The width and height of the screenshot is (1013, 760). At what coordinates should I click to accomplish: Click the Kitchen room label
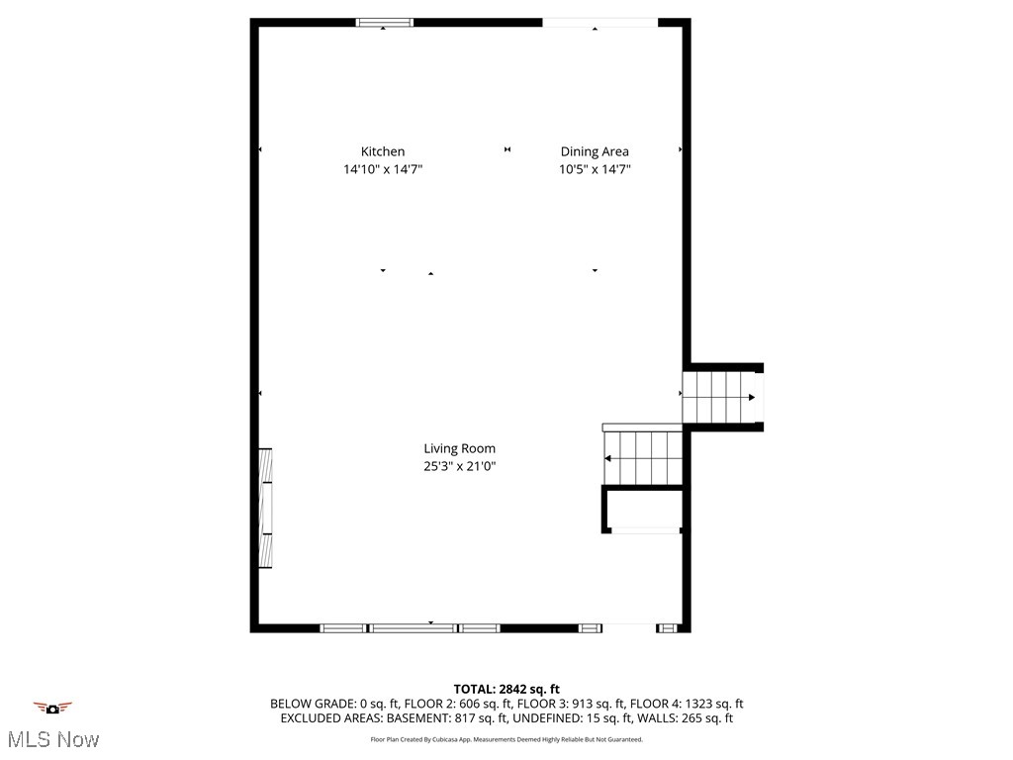(x=382, y=151)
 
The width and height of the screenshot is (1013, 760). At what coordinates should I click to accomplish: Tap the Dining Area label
(x=595, y=151)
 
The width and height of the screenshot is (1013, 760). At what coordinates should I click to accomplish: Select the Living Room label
(x=459, y=448)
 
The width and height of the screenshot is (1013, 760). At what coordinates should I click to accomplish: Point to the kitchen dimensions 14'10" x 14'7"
(x=382, y=169)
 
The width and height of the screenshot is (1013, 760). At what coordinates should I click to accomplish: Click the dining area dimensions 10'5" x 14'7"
(x=595, y=169)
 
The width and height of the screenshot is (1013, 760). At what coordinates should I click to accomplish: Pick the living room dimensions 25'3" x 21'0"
(x=459, y=466)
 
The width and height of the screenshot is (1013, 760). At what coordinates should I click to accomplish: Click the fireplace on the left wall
(x=265, y=508)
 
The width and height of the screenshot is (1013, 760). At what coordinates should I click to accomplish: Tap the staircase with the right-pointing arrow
(x=721, y=397)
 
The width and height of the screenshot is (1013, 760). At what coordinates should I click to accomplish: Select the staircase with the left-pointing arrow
(x=643, y=458)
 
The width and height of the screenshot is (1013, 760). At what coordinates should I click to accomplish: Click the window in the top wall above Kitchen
(x=385, y=23)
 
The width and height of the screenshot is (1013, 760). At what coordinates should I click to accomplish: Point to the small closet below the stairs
(x=643, y=510)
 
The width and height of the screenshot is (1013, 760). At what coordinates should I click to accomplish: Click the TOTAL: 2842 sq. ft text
(x=506, y=689)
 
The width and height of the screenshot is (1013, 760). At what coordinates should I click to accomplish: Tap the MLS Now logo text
(x=52, y=739)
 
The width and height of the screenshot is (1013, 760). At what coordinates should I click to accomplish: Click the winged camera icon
(x=52, y=708)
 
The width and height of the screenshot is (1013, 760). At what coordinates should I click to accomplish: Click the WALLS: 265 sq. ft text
(x=690, y=718)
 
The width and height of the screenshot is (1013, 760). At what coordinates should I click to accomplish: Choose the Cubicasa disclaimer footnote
(x=506, y=739)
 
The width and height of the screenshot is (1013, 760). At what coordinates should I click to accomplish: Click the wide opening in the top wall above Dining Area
(x=599, y=23)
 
